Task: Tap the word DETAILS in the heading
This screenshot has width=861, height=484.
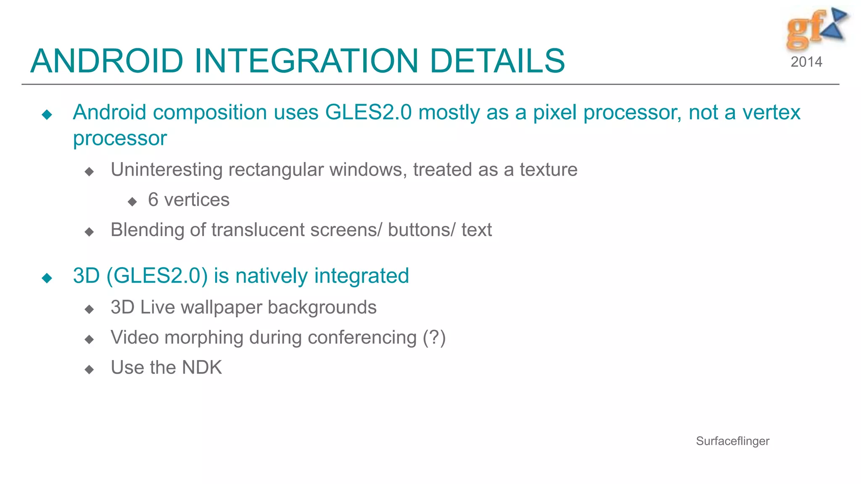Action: (497, 61)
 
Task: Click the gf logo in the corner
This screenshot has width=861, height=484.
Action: (816, 29)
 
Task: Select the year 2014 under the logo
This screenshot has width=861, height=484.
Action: (806, 62)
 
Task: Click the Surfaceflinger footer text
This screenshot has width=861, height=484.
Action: (732, 441)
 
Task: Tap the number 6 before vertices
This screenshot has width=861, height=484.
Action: (153, 200)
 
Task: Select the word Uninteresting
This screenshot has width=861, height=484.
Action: (166, 170)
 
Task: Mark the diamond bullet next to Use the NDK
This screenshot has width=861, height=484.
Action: (89, 370)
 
